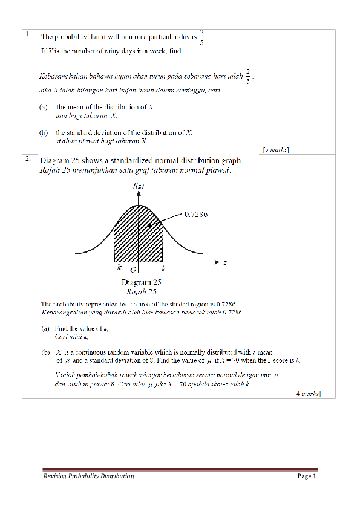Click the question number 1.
click(x=28, y=34)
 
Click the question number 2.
click(x=28, y=160)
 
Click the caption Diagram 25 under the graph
click(x=141, y=282)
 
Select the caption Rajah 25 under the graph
click(x=141, y=290)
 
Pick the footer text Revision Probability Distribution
click(x=88, y=477)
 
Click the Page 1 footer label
click(x=307, y=477)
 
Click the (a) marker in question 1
click(x=44, y=107)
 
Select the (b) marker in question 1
click(x=44, y=132)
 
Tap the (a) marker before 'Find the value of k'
click(x=45, y=329)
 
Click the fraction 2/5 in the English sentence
click(x=202, y=36)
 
